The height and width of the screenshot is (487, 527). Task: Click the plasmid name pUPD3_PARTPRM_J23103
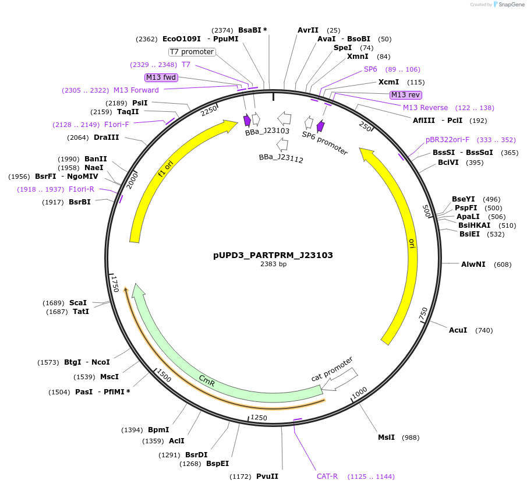pyautogui.click(x=273, y=255)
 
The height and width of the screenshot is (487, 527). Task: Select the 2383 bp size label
pyautogui.click(x=273, y=264)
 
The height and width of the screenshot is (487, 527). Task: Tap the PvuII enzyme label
pyautogui.click(x=267, y=477)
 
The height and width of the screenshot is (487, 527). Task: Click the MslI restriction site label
pyautogui.click(x=386, y=437)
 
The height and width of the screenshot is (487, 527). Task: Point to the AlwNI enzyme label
pyautogui.click(x=473, y=264)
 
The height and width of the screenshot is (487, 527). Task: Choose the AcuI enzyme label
pyautogui.click(x=458, y=330)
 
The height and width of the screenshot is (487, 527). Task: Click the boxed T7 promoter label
pyautogui.click(x=192, y=52)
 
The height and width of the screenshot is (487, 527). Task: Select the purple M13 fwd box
pyautogui.click(x=161, y=77)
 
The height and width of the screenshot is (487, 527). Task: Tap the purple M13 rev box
pyautogui.click(x=406, y=95)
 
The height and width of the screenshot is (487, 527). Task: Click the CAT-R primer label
pyautogui.click(x=327, y=477)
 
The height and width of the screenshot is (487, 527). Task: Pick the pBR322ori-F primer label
pyautogui.click(x=447, y=140)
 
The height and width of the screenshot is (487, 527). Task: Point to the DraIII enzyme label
pyautogui.click(x=106, y=137)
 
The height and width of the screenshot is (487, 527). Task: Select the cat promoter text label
pyautogui.click(x=332, y=369)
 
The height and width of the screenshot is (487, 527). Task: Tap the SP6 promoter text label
pyautogui.click(x=324, y=143)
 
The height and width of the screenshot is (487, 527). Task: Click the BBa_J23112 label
pyautogui.click(x=281, y=158)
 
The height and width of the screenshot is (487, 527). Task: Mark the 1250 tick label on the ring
pyautogui.click(x=259, y=418)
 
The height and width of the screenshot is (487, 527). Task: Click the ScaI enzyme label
pyautogui.click(x=78, y=303)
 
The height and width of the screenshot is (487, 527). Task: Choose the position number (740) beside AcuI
pyautogui.click(x=484, y=330)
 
